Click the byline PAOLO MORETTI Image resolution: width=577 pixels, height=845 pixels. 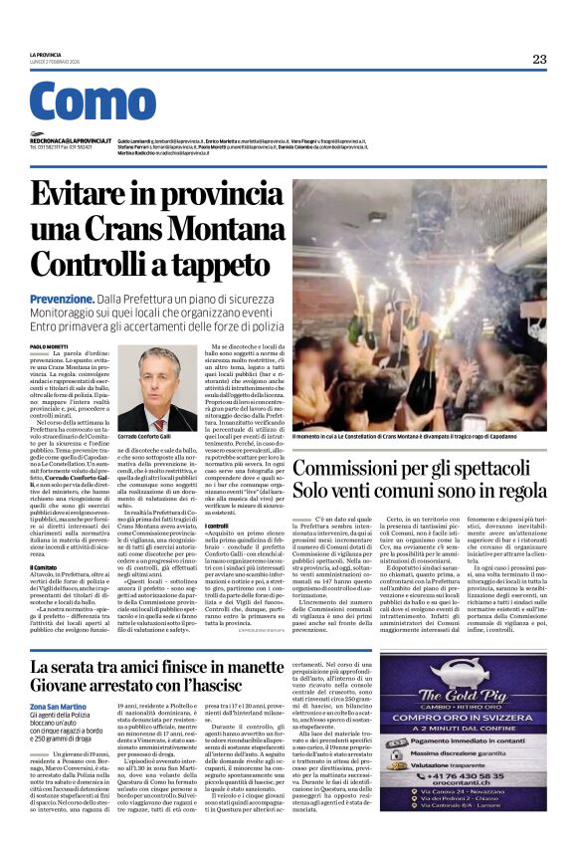pos(51,345)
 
